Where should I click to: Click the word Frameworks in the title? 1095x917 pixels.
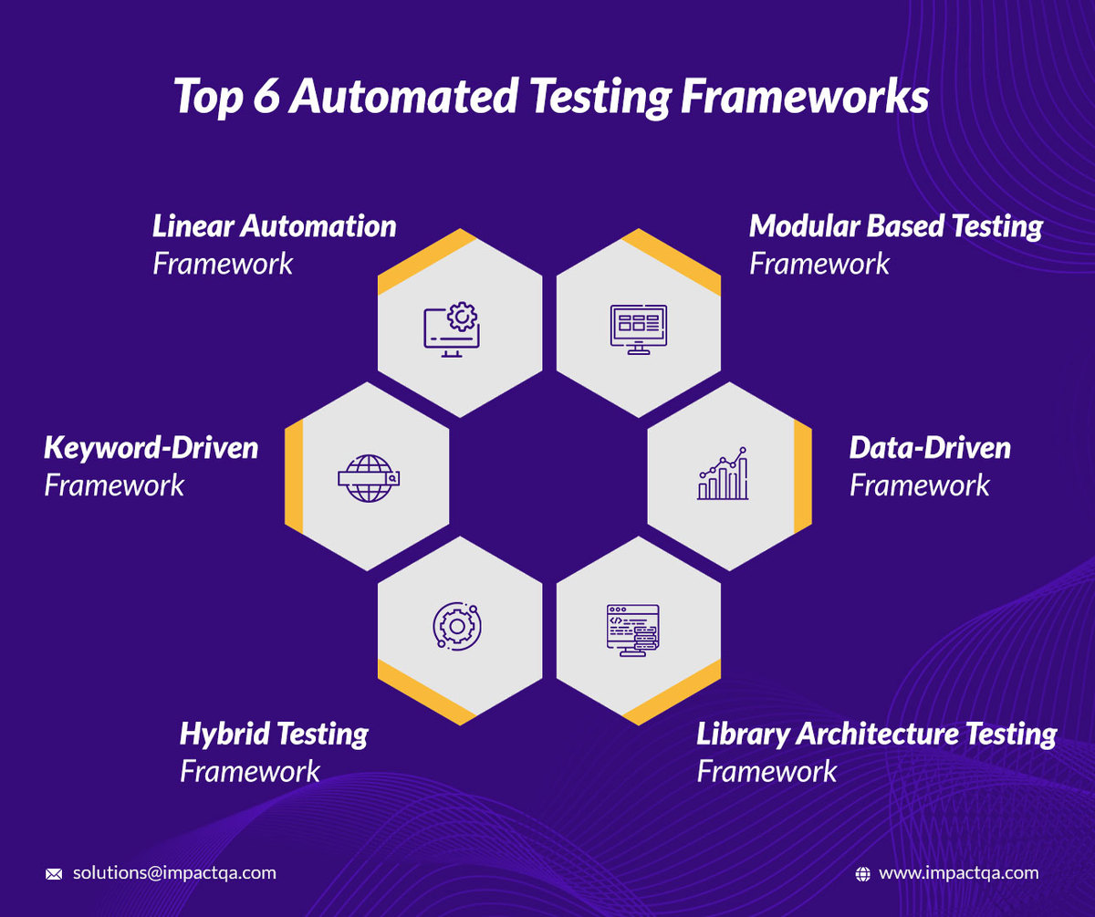click(806, 98)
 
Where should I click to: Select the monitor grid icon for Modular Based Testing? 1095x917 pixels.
click(638, 328)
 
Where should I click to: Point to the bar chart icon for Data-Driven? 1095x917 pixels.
click(723, 474)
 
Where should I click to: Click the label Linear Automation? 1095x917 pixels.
click(275, 226)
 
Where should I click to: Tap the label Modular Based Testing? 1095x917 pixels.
click(895, 226)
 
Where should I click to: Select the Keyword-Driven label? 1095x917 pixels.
click(151, 448)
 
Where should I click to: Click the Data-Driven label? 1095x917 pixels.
click(930, 448)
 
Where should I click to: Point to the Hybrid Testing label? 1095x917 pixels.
click(274, 734)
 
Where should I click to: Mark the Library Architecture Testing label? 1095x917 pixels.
click(876, 734)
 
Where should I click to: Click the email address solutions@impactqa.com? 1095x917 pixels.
click(174, 873)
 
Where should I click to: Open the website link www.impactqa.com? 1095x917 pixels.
click(958, 873)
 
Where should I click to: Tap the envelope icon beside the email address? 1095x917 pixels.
click(54, 874)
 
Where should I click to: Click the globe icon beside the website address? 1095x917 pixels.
click(862, 874)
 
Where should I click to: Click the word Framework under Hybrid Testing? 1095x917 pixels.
click(250, 771)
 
